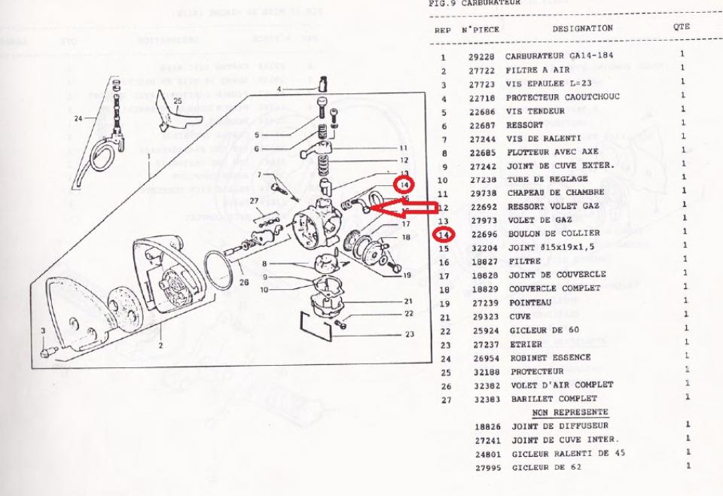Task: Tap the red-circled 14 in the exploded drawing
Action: coord(404,184)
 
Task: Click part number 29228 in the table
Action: coord(480,57)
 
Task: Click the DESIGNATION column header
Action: coord(582,29)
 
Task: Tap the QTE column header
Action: coord(682,26)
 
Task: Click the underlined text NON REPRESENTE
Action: coord(570,412)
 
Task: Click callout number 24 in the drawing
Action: coord(78,117)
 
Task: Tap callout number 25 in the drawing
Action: coord(178,100)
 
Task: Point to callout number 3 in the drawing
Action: coord(44,331)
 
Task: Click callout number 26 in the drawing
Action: coord(243,283)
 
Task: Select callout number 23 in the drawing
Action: coord(409,333)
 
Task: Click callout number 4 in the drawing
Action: coord(278,90)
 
